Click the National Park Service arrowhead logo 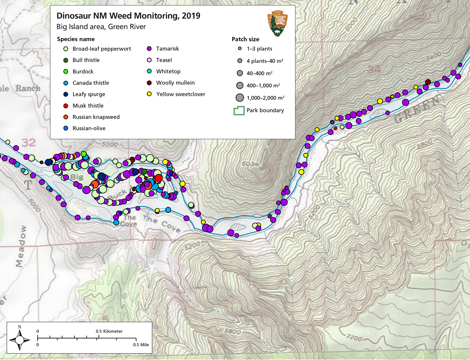pyautogui.click(x=277, y=23)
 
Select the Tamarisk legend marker pyautogui.click(x=149, y=49)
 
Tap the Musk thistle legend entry pyautogui.click(x=88, y=106)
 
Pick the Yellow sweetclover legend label pyautogui.click(x=180, y=94)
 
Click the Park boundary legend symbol pyautogui.click(x=239, y=111)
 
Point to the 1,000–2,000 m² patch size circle pyautogui.click(x=239, y=98)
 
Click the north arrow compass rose pyautogui.click(x=20, y=339)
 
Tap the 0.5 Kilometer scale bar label pyautogui.click(x=109, y=331)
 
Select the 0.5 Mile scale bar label pyautogui.click(x=141, y=345)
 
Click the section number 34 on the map pyautogui.click(x=374, y=69)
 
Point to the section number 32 pyautogui.click(x=29, y=142)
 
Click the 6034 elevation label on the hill pyautogui.click(x=250, y=164)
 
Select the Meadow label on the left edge pyautogui.click(x=21, y=246)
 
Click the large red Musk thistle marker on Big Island pyautogui.click(x=158, y=178)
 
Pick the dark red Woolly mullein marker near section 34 pyautogui.click(x=428, y=82)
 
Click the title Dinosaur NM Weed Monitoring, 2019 pyautogui.click(x=128, y=16)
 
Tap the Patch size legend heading pyautogui.click(x=245, y=39)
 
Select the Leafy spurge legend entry pyautogui.click(x=89, y=94)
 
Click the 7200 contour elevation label pyautogui.click(x=354, y=338)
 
